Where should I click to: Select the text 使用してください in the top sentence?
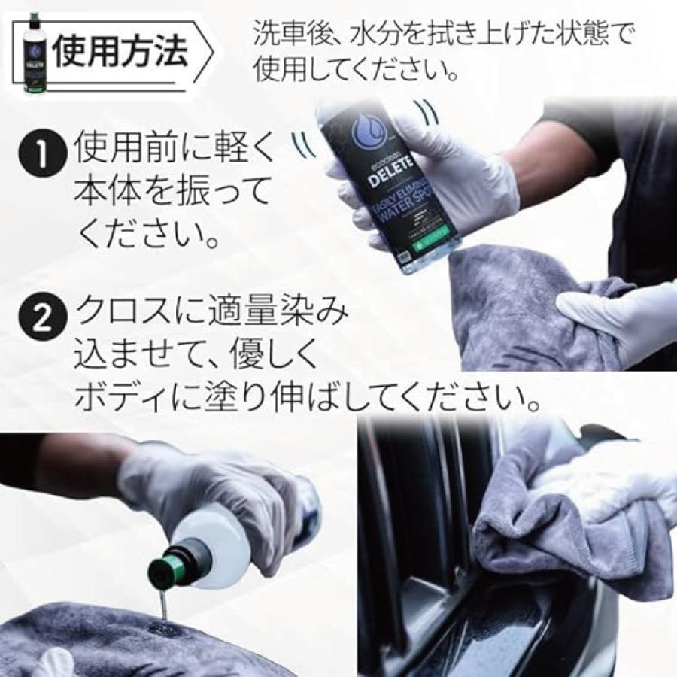pyautogui.click(x=346, y=71)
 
